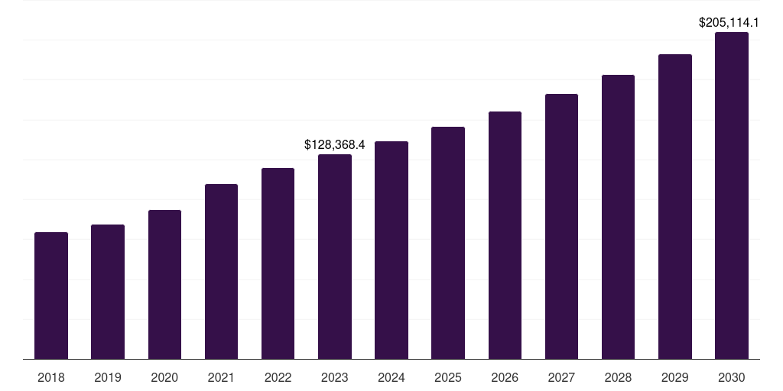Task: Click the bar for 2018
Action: click(x=51, y=296)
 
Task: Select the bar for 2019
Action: click(x=108, y=292)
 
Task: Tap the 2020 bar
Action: click(x=164, y=284)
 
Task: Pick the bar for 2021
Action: click(x=221, y=271)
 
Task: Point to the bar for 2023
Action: click(x=335, y=257)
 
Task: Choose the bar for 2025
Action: click(x=448, y=243)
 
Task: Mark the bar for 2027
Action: click(x=561, y=226)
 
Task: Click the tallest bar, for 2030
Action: click(x=732, y=195)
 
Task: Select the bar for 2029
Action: click(x=675, y=206)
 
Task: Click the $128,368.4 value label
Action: click(x=335, y=144)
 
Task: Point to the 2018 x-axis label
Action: click(x=51, y=377)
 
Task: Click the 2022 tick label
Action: click(x=278, y=377)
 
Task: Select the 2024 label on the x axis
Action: click(x=391, y=377)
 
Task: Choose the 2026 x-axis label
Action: click(x=505, y=377)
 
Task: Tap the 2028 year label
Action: click(x=618, y=377)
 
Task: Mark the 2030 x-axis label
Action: click(x=732, y=377)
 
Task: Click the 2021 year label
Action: click(x=221, y=377)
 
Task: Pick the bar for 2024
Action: click(x=391, y=250)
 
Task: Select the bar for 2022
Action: click(x=278, y=263)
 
